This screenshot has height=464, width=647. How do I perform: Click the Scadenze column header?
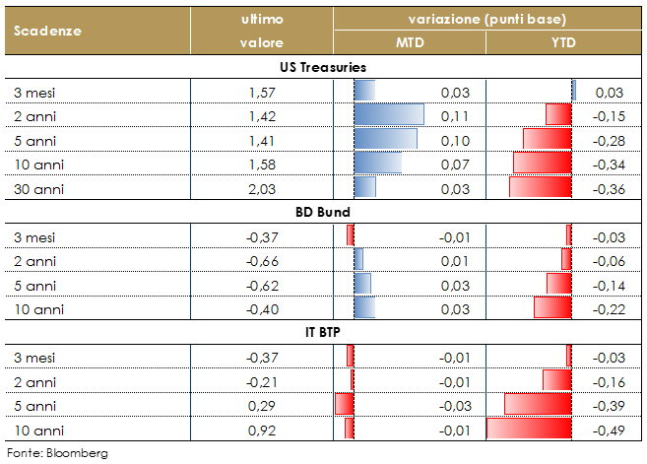(x=47, y=30)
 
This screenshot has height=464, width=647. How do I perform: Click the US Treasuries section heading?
(x=323, y=67)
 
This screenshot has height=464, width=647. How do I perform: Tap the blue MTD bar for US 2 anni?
(x=388, y=115)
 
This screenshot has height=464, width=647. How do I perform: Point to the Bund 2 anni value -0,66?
(x=261, y=260)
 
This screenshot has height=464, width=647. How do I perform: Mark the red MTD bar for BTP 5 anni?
(x=344, y=404)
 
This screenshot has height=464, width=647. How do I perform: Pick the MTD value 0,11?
(x=456, y=116)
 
